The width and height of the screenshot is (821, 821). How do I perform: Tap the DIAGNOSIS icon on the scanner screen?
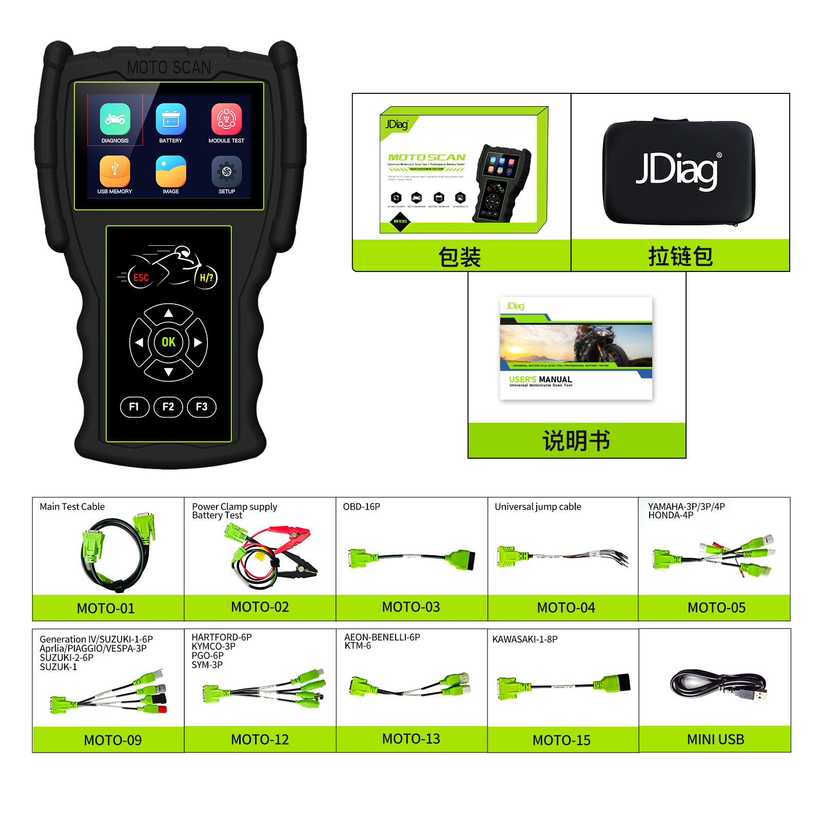pyautogui.click(x=115, y=119)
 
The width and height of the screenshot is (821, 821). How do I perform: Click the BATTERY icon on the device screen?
pyautogui.click(x=171, y=119)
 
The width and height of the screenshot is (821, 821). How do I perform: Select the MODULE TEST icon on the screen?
pyautogui.click(x=226, y=119)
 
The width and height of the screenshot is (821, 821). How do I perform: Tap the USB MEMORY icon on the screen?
pyautogui.click(x=115, y=171)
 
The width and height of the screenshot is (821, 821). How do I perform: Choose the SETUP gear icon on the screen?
pyautogui.click(x=226, y=171)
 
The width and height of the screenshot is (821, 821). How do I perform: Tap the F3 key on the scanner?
pyautogui.click(x=202, y=407)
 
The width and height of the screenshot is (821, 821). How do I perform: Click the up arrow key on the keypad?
pyautogui.click(x=168, y=313)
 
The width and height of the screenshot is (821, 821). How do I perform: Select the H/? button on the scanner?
pyautogui.click(x=206, y=278)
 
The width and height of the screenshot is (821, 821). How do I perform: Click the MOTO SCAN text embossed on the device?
pyautogui.click(x=169, y=68)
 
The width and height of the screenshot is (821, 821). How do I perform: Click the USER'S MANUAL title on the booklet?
pyautogui.click(x=540, y=379)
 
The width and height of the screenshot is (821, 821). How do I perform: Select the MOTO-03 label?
pyautogui.click(x=411, y=607)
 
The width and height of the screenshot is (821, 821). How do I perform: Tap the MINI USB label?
pyautogui.click(x=715, y=739)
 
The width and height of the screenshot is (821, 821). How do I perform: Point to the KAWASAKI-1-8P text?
pyautogui.click(x=524, y=639)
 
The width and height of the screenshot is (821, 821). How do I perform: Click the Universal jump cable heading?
pyautogui.click(x=538, y=507)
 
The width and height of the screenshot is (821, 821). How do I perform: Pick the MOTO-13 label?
pyautogui.click(x=411, y=739)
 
